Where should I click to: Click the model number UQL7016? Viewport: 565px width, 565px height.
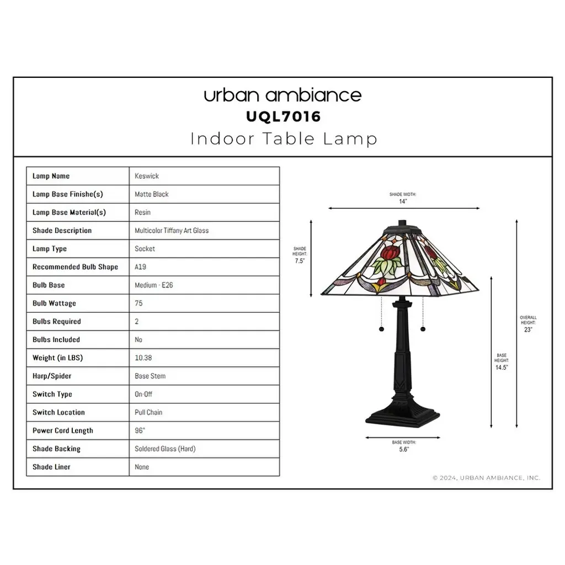283,117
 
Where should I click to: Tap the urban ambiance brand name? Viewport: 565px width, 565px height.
282,95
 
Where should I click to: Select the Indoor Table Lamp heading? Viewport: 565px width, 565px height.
284,138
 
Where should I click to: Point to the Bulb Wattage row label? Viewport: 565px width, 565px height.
54,303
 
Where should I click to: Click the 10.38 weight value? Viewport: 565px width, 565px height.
143,358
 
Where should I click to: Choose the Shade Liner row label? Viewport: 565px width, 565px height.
51,467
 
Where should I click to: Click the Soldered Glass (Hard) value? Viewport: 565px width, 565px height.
165,449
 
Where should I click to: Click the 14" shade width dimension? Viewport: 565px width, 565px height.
403,201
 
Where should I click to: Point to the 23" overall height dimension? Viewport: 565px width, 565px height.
528,330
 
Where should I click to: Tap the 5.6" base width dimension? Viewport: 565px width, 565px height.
404,449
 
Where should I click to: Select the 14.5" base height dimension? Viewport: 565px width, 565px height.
502,367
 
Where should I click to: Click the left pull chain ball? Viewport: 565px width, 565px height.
381,329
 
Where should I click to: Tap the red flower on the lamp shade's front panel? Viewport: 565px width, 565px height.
391,254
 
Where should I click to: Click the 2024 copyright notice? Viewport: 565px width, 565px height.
486,478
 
